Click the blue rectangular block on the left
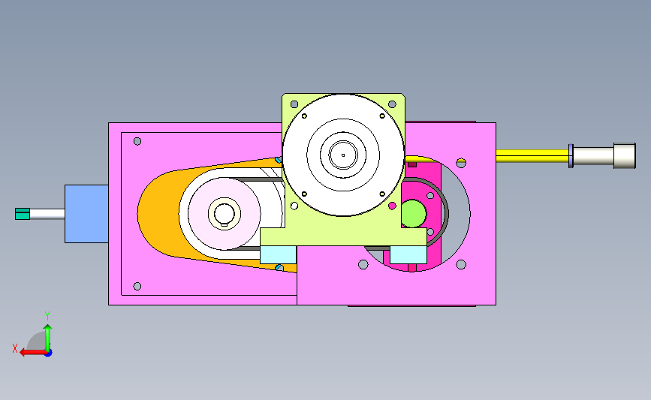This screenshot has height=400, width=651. coord(86,214)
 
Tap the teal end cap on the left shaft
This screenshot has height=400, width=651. coord(23,214)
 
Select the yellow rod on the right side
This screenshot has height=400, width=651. coord(532,156)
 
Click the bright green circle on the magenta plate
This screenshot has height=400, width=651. coord(414,214)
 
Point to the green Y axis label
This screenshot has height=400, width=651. coord(47,316)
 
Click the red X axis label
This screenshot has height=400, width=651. coord(15,348)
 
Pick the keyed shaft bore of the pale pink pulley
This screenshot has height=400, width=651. coord(225,214)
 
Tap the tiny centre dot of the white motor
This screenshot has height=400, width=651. coord(343,155)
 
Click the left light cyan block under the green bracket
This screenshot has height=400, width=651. coord(278,254)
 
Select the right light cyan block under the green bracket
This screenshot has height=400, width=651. coord(408,254)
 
